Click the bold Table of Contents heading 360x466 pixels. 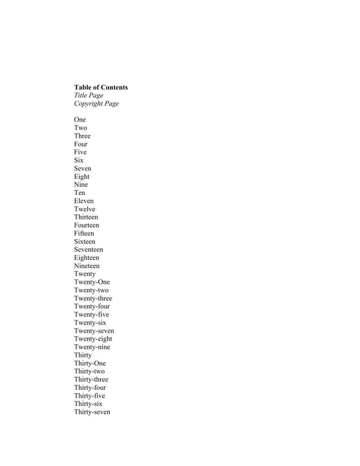(101, 87)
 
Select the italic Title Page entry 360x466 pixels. (88, 95)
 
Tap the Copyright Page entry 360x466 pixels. (96, 104)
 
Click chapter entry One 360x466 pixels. (80, 119)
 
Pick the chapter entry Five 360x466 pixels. (80, 152)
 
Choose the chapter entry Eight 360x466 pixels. (82, 176)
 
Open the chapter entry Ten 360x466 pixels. (79, 193)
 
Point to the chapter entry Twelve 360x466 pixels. (84, 209)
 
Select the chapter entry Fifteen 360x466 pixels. (84, 233)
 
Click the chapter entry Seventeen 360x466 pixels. (88, 250)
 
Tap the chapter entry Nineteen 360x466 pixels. (87, 266)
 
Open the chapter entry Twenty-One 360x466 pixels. (92, 282)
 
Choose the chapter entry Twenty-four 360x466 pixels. (92, 306)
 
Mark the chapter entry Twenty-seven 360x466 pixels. (94, 331)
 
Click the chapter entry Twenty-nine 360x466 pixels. (92, 347)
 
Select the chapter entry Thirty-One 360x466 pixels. (90, 363)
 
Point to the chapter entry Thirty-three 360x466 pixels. (91, 380)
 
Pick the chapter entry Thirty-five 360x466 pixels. (90, 396)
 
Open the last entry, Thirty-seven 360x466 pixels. (92, 412)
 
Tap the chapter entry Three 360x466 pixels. (82, 136)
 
